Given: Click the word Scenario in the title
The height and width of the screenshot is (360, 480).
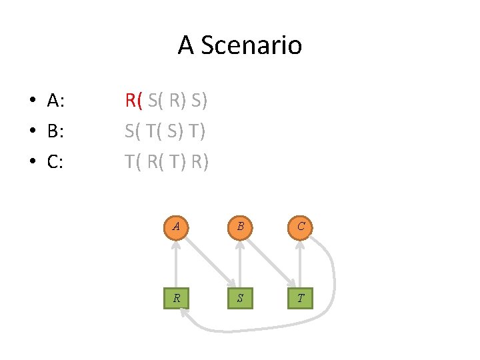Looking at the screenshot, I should [x=251, y=45].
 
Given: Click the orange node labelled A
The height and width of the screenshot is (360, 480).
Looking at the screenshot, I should [x=176, y=226].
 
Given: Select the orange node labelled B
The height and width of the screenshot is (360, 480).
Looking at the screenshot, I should [x=239, y=226].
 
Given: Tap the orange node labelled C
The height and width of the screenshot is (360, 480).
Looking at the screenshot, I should [x=301, y=226].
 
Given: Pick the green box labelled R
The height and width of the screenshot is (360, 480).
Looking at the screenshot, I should [x=176, y=298].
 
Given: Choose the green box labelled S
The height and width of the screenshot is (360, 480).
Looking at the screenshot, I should [x=239, y=298].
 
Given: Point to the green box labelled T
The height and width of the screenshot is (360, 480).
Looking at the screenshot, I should [x=301, y=298].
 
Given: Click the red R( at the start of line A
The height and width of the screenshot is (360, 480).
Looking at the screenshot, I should [x=133, y=101].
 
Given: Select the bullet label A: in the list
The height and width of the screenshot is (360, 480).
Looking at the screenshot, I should [x=56, y=101].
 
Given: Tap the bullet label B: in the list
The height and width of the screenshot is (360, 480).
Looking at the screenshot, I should [x=56, y=131].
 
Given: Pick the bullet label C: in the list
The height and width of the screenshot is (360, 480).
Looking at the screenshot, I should [x=56, y=161].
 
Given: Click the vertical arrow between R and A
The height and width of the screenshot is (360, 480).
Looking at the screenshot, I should [x=176, y=262].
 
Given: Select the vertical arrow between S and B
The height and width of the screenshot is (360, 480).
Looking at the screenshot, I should [x=239, y=262].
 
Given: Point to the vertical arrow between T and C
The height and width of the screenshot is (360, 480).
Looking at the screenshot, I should [x=301, y=262].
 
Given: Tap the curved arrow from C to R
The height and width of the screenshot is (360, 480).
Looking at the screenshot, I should [x=331, y=287].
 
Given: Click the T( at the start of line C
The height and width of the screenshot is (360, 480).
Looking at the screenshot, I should [x=133, y=161].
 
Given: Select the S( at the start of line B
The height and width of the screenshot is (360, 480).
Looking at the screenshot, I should [x=133, y=131].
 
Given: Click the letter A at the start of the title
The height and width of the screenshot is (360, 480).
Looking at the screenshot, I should [x=186, y=45].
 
